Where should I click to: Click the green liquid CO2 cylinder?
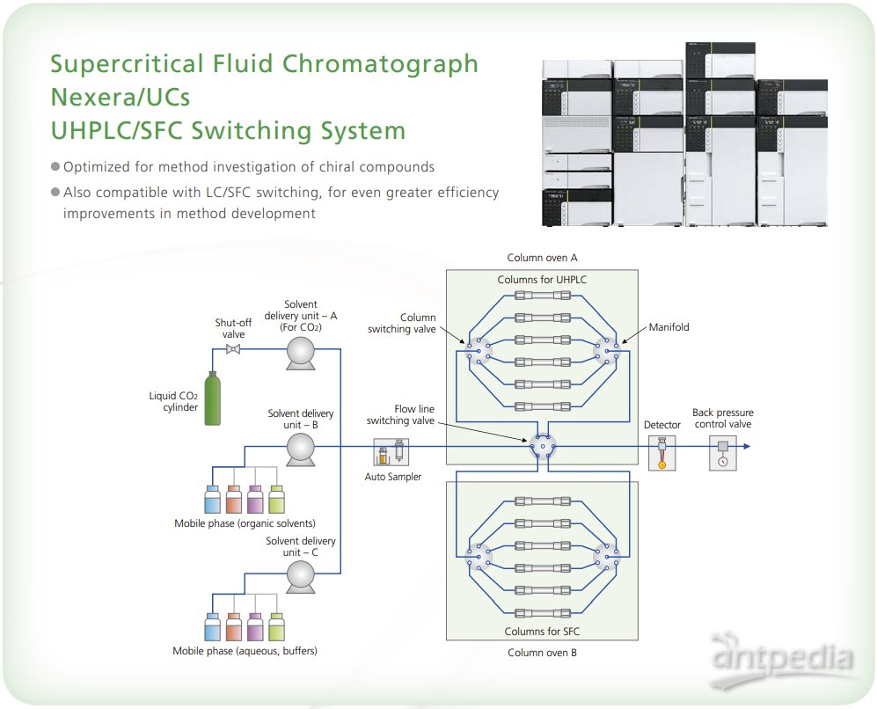tap(211, 401)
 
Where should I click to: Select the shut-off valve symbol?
tap(234, 349)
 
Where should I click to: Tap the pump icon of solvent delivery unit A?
tap(301, 350)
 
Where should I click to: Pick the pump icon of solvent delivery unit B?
tap(301, 448)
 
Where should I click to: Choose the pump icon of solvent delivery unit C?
tap(301, 574)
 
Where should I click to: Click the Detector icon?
tap(661, 454)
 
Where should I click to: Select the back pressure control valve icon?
tap(722, 454)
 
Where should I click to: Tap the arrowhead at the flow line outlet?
tap(746, 447)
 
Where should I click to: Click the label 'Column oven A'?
tap(542, 258)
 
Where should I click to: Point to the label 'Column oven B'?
tap(542, 653)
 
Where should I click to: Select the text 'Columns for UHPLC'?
tap(542, 280)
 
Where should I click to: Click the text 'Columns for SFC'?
tap(542, 631)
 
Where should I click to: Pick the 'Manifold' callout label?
tap(669, 327)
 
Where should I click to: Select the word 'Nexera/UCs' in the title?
tap(120, 97)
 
